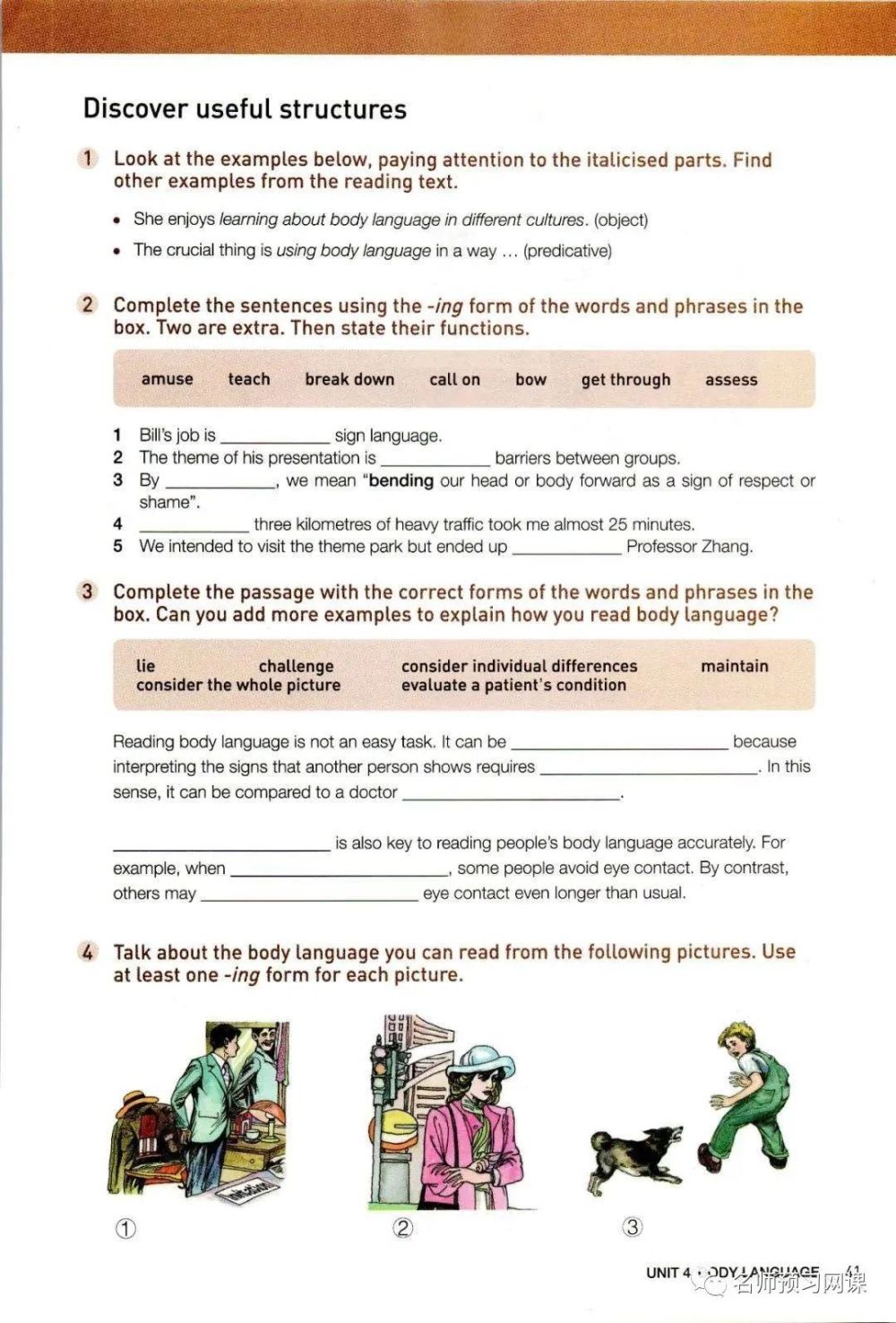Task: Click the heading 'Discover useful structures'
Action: [x=245, y=109]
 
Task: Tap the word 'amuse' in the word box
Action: [x=167, y=379]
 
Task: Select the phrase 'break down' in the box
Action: [x=349, y=379]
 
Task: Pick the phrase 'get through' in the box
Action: [x=625, y=380]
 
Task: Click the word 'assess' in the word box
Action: [x=731, y=380]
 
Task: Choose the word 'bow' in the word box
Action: [x=530, y=379]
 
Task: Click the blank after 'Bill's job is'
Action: [x=275, y=437]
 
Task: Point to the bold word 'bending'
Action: [x=401, y=480]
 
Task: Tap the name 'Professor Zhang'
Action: [x=689, y=547]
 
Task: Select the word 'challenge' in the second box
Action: [x=296, y=666]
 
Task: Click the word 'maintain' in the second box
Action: [x=735, y=666]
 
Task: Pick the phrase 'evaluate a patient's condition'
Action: [x=513, y=685]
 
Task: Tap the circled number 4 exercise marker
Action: [x=87, y=952]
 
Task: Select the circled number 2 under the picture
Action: [x=403, y=1228]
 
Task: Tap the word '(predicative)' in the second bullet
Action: [x=568, y=251]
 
